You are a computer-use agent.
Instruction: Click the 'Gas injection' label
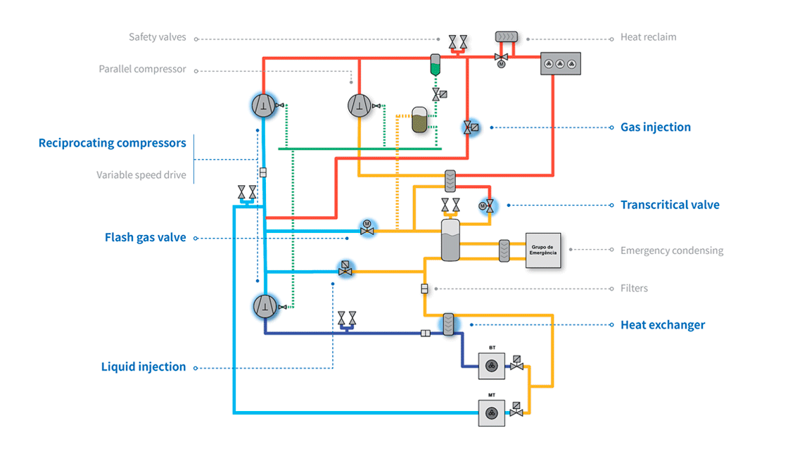point(655,127)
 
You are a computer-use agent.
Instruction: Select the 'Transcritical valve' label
point(669,205)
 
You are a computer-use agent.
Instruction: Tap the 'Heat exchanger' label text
point(662,324)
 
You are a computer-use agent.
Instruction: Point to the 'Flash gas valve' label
point(145,238)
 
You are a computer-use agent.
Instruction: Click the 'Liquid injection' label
point(144,367)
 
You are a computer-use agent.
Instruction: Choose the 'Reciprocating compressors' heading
point(112,144)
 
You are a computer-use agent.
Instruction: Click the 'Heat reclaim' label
point(648,37)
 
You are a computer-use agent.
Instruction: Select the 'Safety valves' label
point(157,37)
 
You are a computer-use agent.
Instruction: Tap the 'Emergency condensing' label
point(671,251)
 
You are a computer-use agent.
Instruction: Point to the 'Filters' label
point(634,288)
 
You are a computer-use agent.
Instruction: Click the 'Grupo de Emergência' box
point(543,251)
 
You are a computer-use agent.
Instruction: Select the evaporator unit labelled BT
point(492,364)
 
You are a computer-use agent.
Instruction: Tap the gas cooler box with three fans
point(560,64)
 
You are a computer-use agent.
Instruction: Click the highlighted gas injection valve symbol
point(469,127)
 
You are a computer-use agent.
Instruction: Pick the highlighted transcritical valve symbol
point(487,205)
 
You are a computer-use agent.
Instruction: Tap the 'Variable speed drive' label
point(141,175)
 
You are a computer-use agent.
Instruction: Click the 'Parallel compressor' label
point(142,69)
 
